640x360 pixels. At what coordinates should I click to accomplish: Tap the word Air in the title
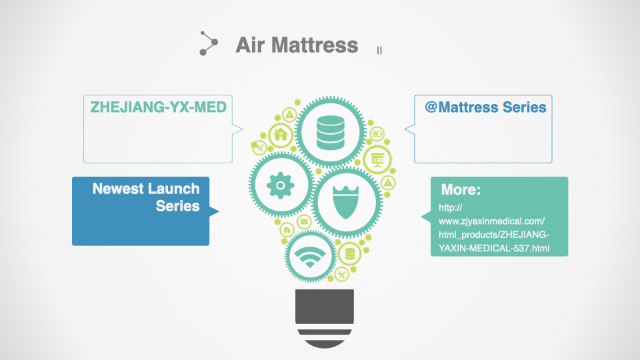pyautogui.click(x=250, y=45)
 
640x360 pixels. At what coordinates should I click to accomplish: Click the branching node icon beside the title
pyautogui.click(x=209, y=43)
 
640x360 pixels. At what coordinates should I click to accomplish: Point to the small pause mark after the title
pyautogui.click(x=379, y=50)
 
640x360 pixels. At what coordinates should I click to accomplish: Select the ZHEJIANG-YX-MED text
pyautogui.click(x=159, y=107)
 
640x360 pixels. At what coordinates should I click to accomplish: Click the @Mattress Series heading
pyautogui.click(x=485, y=107)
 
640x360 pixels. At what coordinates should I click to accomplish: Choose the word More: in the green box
pyautogui.click(x=461, y=189)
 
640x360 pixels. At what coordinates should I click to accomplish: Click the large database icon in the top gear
pyautogui.click(x=330, y=133)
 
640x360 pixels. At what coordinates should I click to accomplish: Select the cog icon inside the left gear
pyautogui.click(x=281, y=185)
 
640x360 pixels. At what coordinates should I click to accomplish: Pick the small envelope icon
pyautogui.click(x=304, y=222)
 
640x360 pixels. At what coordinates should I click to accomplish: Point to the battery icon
pyautogui.click(x=377, y=133)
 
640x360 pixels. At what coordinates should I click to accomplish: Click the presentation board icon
pyautogui.click(x=377, y=159)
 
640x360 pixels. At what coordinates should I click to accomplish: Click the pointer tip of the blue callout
pyautogui.click(x=219, y=211)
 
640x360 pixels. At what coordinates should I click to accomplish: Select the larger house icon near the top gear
pyautogui.click(x=281, y=134)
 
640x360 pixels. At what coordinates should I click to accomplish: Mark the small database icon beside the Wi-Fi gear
pyautogui.click(x=350, y=253)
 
